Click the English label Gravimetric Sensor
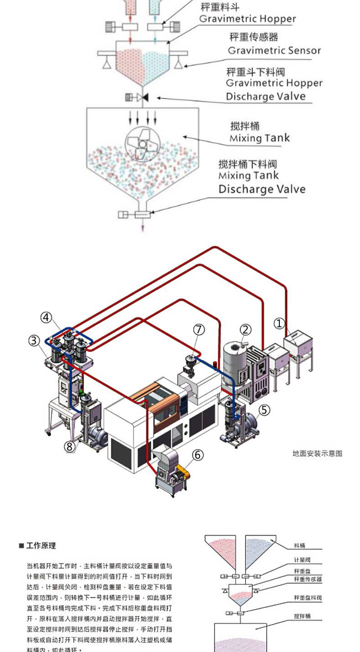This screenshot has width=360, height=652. coord(274,51)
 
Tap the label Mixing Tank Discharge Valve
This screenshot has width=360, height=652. coord(262,182)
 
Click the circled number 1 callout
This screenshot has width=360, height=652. coord(279,323)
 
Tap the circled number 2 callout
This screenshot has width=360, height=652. coord(246,330)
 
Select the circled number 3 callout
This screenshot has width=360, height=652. coord(34,340)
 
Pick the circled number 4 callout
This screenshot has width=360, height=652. coord(46,317)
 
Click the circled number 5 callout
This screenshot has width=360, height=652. coord(265,410)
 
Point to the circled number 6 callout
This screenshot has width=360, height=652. coord(197,455)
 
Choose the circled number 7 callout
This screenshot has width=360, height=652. coord(199,329)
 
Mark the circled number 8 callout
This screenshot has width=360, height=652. coord(69,446)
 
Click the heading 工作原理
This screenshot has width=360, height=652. coord(41,546)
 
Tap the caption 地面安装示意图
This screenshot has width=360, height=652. coord(317,453)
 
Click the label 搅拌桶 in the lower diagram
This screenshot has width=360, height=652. coord(302,616)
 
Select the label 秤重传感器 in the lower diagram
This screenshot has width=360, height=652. coord(308,579)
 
